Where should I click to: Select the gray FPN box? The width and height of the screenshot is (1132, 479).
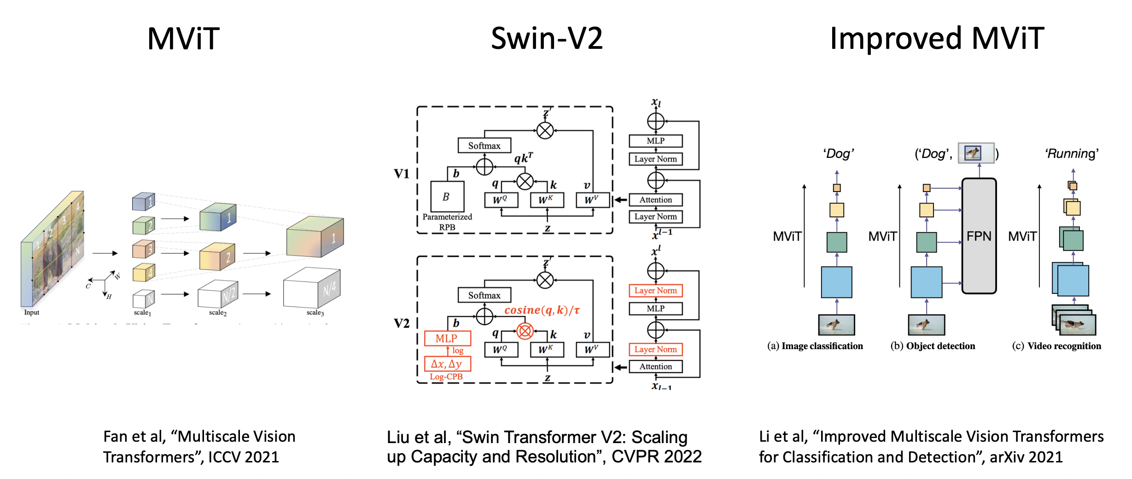coord(979,236)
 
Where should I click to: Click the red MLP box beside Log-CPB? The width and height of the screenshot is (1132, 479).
coord(447,338)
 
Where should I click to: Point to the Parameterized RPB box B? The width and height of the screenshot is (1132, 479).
coord(447,197)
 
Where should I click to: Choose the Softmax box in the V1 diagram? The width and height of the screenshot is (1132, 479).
coord(484,146)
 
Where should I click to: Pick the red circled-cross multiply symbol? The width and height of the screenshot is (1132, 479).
coord(525,331)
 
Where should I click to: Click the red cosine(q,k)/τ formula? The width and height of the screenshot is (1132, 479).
coord(542,310)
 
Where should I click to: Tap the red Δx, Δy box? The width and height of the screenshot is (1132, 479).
coord(447,364)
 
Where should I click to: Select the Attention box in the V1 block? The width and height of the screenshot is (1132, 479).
coord(655,200)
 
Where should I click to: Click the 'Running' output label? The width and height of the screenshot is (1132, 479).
coord(1072,154)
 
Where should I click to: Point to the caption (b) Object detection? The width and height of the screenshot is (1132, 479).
coord(933,346)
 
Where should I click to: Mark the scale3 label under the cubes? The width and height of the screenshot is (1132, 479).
coord(315,313)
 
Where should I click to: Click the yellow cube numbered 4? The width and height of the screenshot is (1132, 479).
coord(143,273)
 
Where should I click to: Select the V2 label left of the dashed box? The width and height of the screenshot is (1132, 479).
coord(402,323)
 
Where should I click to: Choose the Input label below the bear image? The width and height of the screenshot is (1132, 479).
coord(32,312)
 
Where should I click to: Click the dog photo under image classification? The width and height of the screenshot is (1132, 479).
coord(836,325)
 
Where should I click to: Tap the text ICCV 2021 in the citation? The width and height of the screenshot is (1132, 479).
coord(244,457)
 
